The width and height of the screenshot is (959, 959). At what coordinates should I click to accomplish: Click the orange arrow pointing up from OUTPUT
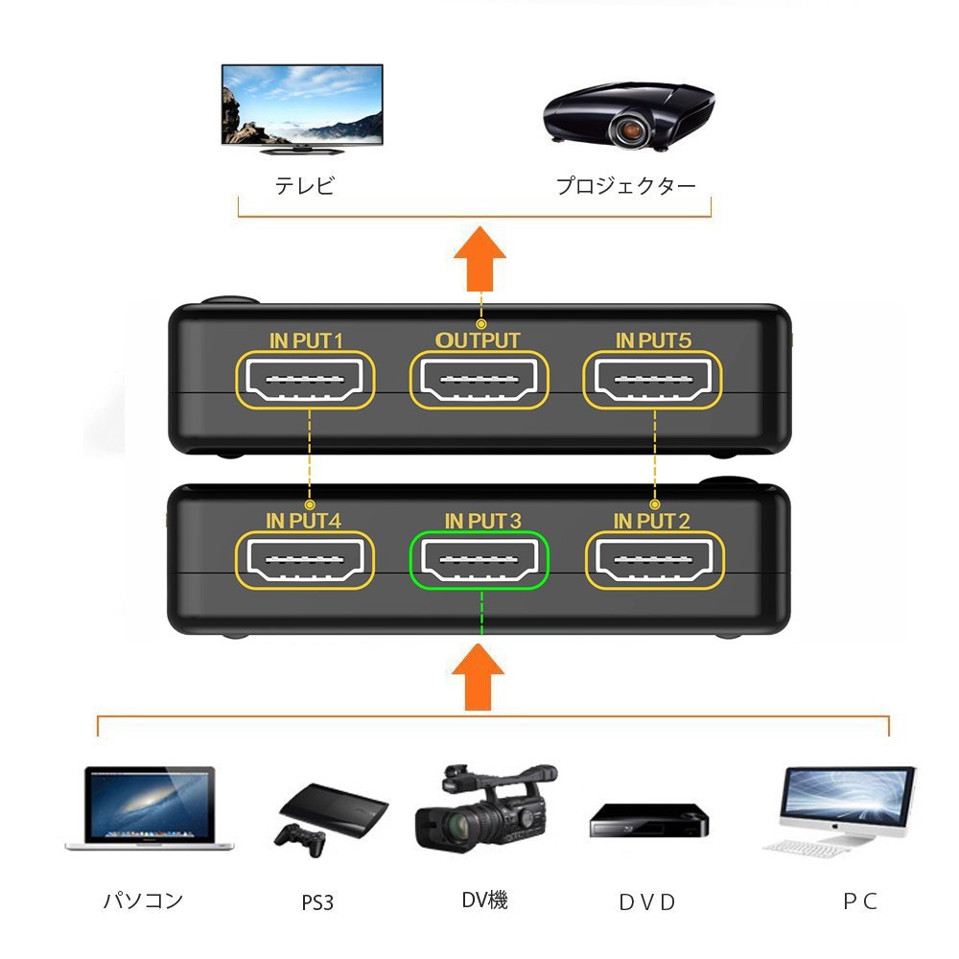tap(479, 262)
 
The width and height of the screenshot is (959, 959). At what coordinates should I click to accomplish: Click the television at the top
tap(302, 107)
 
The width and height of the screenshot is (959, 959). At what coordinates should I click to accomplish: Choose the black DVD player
tap(648, 822)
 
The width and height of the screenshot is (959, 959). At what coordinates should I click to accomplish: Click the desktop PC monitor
tap(844, 804)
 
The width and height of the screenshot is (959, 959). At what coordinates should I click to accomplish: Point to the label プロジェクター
tap(626, 186)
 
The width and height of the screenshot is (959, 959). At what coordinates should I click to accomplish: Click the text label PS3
tap(317, 902)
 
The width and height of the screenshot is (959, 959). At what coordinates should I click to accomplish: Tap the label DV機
tap(484, 900)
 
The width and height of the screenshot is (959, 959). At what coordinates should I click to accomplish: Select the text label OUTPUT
tap(478, 340)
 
